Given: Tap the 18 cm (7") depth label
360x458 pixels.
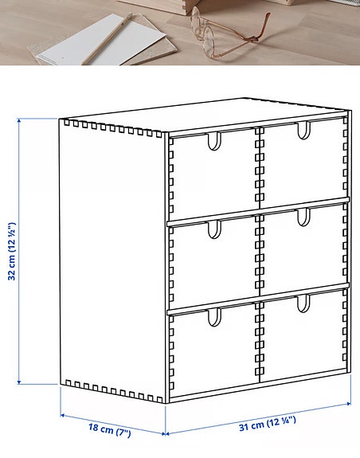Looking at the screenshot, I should [109, 431].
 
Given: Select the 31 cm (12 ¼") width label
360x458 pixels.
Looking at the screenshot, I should [270, 425].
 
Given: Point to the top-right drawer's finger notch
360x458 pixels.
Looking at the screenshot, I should [303, 130].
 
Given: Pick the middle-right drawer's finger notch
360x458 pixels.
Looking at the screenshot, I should [303, 217].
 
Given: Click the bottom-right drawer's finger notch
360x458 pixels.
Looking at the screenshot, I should [303, 303].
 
